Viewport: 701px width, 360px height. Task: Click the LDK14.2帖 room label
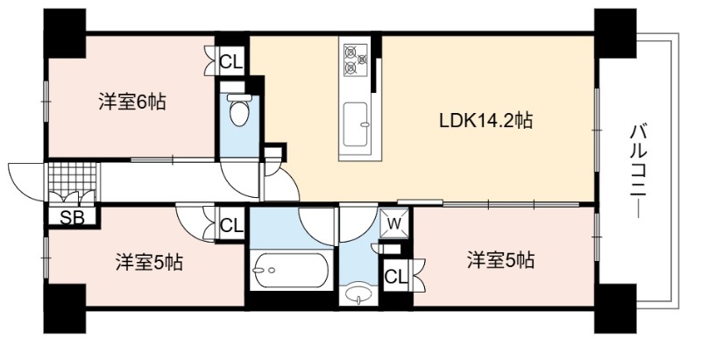pos(485,121)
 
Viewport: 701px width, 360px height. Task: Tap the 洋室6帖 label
pos(132,102)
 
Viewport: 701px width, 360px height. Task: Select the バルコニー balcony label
pos(639,172)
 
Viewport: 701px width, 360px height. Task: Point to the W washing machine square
pos(393,222)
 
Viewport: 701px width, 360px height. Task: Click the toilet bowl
pos(239,110)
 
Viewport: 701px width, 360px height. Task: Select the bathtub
pos(290,270)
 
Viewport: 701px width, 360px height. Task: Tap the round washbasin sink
pos(359,294)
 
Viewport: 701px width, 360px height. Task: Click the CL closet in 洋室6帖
pos(231,61)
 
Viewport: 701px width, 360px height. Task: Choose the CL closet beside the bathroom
pos(231,225)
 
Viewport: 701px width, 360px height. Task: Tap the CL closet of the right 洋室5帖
pos(396,277)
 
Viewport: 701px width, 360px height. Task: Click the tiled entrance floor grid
pos(73,176)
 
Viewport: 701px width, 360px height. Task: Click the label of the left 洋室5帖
pos(149,262)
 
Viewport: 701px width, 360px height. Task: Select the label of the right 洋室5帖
pos(500,259)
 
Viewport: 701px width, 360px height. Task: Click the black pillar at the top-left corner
pos(64,33)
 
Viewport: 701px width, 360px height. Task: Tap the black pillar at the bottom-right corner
pos(615,308)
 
